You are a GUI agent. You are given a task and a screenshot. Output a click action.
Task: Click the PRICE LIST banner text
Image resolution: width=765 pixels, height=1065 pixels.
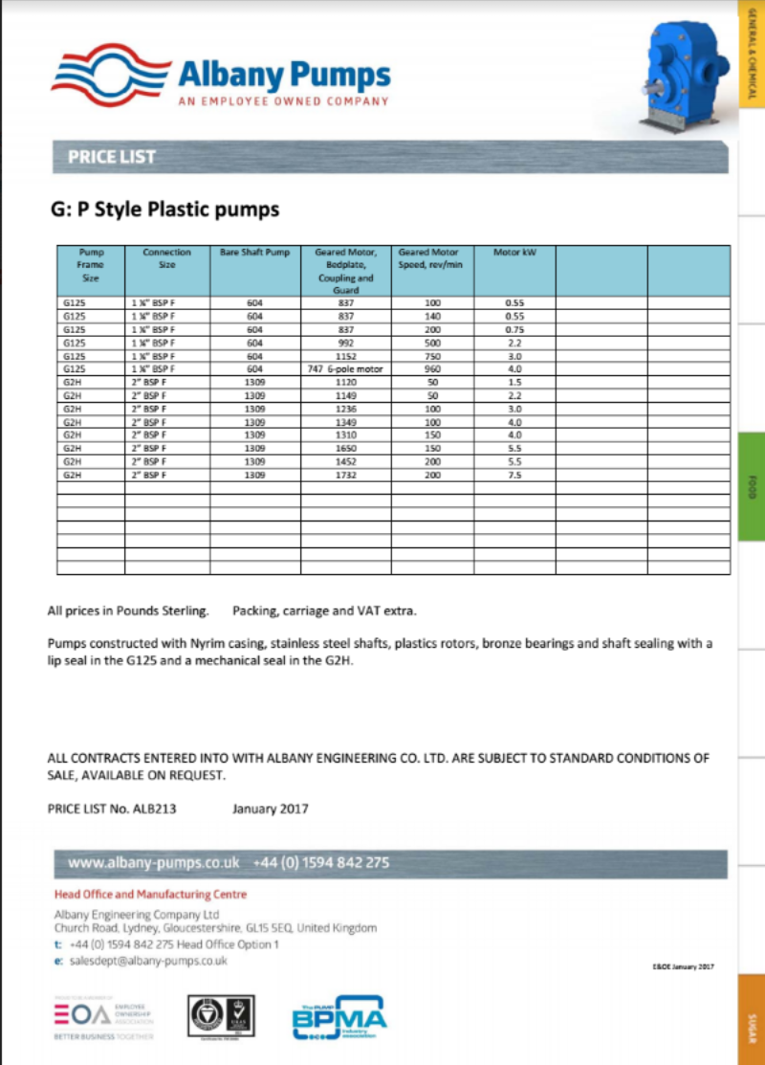click(x=111, y=157)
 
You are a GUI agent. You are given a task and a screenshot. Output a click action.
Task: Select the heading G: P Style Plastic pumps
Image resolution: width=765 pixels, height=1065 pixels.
click(x=164, y=209)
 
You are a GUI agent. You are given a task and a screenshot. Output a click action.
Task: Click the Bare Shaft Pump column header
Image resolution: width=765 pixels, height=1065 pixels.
click(x=253, y=253)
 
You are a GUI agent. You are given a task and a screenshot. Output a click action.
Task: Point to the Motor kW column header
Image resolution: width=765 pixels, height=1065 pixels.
click(x=514, y=253)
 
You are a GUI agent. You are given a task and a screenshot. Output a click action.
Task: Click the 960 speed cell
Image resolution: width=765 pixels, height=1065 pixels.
click(x=432, y=367)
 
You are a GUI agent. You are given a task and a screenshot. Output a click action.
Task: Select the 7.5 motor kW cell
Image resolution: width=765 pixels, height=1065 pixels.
click(x=515, y=475)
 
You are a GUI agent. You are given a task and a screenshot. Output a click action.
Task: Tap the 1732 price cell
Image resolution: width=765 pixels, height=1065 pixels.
click(x=345, y=475)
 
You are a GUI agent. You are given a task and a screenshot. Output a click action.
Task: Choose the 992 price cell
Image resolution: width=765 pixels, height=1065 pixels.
click(x=345, y=342)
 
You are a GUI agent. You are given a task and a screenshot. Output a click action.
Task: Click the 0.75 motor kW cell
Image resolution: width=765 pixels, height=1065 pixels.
click(x=515, y=328)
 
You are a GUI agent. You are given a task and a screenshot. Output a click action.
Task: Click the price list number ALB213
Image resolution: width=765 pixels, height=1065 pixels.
click(x=151, y=809)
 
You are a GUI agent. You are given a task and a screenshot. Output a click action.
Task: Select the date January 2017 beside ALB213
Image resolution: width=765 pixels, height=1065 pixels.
click(x=271, y=809)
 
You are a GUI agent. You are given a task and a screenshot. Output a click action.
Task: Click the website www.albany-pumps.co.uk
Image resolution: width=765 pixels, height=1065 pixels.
click(x=154, y=863)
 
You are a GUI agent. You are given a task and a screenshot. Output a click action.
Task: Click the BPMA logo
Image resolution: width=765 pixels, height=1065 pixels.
click(x=339, y=1020)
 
